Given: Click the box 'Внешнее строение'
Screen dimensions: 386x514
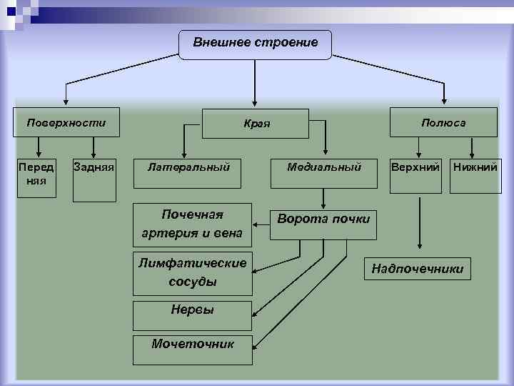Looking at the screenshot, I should click(x=255, y=44).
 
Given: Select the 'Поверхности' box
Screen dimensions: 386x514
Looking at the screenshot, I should click(x=66, y=123).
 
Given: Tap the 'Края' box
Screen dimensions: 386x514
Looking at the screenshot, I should click(x=256, y=124).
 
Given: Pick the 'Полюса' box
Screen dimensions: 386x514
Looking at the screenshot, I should click(x=443, y=123).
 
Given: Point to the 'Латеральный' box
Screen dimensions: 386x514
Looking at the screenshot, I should click(x=188, y=168).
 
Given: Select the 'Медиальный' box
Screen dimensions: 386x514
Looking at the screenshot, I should click(x=324, y=168).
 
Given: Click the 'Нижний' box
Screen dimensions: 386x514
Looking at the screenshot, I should click(x=474, y=168).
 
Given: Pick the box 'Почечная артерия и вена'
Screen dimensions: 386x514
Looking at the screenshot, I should click(x=192, y=223).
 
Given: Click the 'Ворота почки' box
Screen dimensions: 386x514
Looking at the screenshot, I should click(x=323, y=219).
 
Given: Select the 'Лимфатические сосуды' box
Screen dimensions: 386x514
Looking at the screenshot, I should click(x=192, y=272).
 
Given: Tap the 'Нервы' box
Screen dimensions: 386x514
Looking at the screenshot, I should click(x=192, y=310).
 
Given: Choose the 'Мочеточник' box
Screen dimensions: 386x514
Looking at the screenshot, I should click(x=193, y=344).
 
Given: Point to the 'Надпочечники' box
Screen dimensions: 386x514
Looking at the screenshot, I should click(x=418, y=269).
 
